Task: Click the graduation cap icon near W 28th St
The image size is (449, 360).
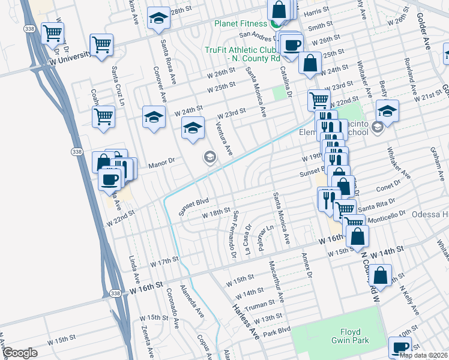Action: click(x=158, y=20)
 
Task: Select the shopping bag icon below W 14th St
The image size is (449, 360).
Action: click(x=381, y=277)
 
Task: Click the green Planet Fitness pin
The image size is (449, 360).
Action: click(x=276, y=23)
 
